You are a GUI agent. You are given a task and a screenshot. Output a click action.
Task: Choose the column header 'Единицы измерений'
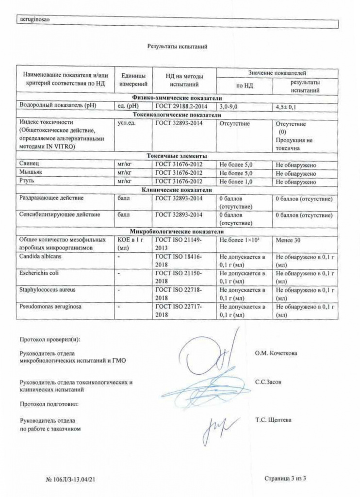pos(133,80)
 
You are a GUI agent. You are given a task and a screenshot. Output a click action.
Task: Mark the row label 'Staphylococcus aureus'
pos(45,290)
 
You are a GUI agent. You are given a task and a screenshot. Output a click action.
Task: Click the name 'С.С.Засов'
pos(268,382)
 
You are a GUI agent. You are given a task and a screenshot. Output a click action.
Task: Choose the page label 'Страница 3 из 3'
pos(285,479)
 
